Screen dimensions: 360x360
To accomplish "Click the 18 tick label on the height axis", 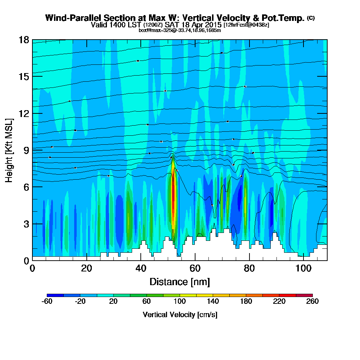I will [x=24, y=40].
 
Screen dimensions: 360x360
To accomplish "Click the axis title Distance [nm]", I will [x=180, y=282].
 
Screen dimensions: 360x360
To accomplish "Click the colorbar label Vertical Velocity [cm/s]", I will [x=180, y=315].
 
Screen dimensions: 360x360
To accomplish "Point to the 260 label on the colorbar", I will [x=312, y=302].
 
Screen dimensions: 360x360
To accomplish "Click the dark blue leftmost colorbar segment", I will [x=55, y=295].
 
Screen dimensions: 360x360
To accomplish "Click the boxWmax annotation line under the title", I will [x=180, y=30].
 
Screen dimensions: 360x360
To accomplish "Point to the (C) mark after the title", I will [x=311, y=18].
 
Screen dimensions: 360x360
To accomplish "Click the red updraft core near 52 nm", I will [x=173, y=202].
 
